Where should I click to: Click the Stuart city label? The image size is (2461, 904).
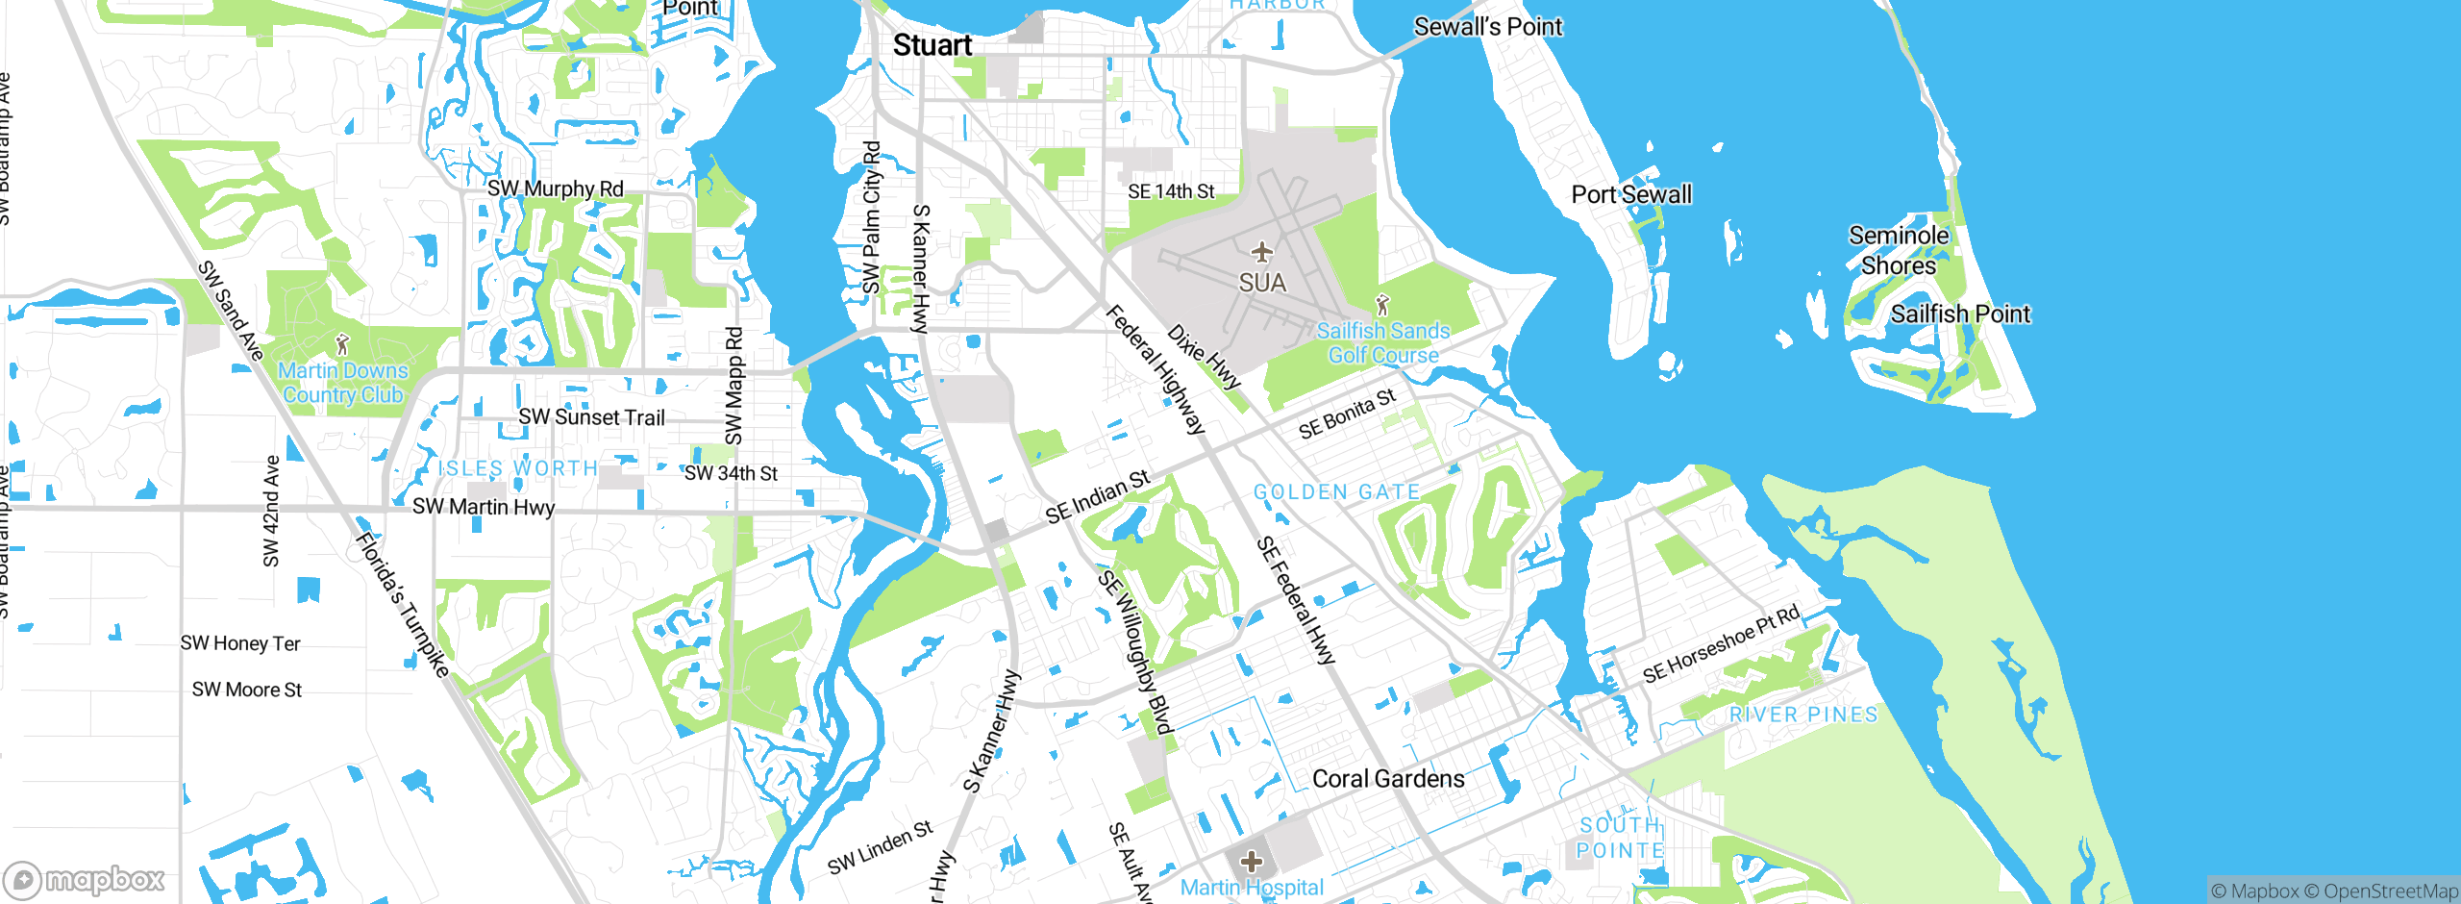pos(932,45)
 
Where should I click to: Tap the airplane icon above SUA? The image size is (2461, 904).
pos(1261,253)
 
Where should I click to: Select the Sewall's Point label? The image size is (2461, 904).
pos(1487,27)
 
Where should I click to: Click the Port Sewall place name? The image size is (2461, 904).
pos(1630,194)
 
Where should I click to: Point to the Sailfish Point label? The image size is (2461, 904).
pos(1960,314)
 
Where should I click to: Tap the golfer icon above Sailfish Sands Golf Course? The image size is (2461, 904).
pos(1382,306)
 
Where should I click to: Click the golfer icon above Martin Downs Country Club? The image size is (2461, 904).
pos(342,344)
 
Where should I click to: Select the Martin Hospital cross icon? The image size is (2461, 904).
pos(1251,861)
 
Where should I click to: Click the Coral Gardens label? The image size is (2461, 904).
pos(1387,779)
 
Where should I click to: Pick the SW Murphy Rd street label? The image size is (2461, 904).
pos(555,188)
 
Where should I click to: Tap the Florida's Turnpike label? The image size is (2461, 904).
pos(402,604)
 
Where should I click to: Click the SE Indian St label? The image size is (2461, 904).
pos(1097,497)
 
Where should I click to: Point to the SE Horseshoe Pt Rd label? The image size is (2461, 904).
pos(1720,645)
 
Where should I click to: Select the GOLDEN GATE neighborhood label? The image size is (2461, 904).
pos(1336,492)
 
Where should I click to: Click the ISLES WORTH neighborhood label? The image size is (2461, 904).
pos(517,468)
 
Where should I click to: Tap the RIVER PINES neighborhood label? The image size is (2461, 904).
pos(1802,715)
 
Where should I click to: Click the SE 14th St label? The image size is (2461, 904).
pos(1170,191)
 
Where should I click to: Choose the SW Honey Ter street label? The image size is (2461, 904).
pos(240,643)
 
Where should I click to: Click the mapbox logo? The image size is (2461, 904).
pos(85,879)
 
